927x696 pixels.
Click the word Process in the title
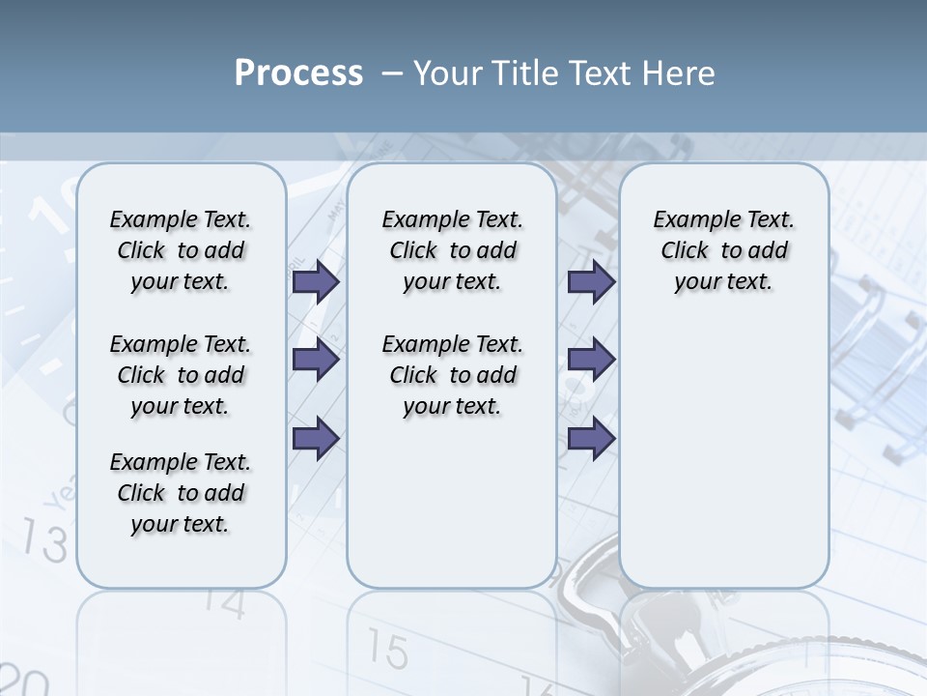tap(298, 73)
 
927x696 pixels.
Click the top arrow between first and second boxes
tap(316, 281)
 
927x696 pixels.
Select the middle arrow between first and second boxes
tap(316, 360)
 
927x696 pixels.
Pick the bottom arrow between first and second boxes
tap(316, 438)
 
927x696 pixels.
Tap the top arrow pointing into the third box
tap(591, 281)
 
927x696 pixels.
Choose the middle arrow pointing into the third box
tap(591, 360)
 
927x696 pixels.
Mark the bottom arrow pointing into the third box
tap(591, 438)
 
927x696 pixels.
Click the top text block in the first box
tap(181, 250)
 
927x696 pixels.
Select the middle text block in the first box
tap(181, 375)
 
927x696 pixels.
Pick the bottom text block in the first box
tap(181, 493)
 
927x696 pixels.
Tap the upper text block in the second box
tap(452, 250)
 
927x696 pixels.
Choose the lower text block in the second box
tap(452, 375)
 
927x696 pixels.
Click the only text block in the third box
tap(723, 250)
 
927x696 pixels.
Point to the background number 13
tap(44, 539)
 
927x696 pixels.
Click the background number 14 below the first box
tap(224, 605)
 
